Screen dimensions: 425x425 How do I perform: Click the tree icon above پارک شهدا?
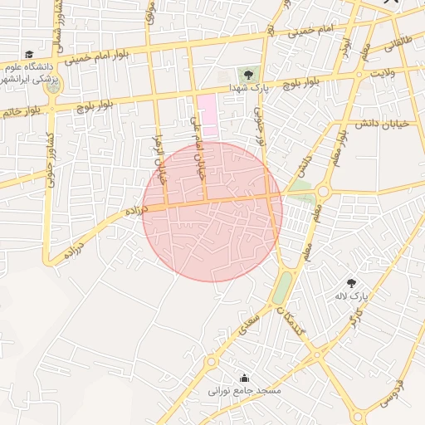(248, 76)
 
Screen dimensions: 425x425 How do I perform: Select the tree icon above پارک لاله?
(351, 284)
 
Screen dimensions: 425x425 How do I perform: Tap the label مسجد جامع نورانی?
(244, 390)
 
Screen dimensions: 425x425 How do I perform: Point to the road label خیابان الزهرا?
(161, 157)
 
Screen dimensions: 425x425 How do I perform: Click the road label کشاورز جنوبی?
(50, 158)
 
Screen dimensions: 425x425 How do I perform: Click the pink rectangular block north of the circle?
(208, 117)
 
